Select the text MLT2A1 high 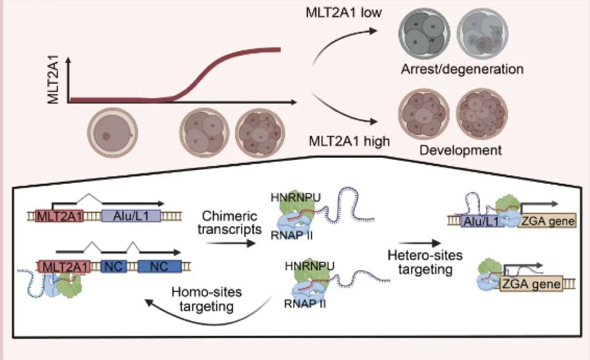[x=349, y=140]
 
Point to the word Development [x=461, y=150]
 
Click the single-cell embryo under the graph [x=111, y=133]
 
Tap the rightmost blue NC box [x=159, y=266]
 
